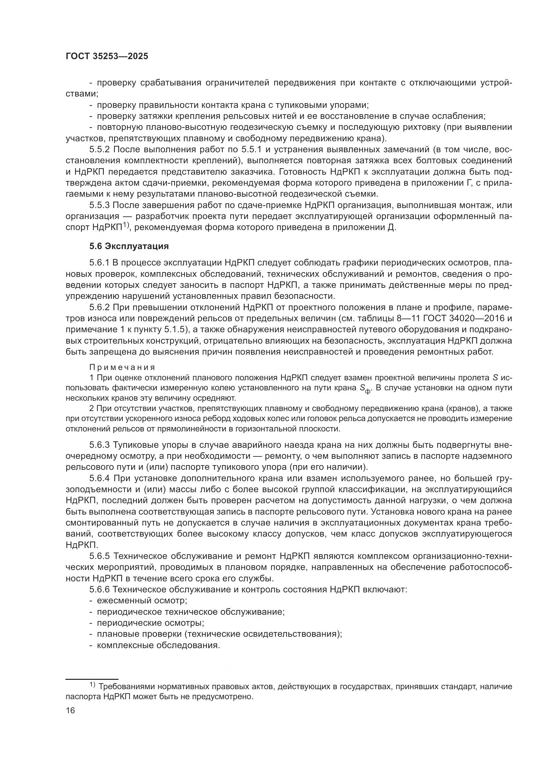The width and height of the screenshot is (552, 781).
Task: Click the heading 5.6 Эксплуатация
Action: click(129, 246)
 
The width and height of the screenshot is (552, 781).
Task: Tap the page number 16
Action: click(70, 710)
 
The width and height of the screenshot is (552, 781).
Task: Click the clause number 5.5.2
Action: click(99, 149)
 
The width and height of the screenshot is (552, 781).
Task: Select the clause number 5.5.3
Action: click(99, 205)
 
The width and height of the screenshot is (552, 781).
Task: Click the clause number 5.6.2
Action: click(99, 307)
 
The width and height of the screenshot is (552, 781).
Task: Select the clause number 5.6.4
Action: click(99, 478)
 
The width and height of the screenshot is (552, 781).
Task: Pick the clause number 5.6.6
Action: click(99, 589)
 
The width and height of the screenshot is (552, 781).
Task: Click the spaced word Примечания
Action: click(122, 367)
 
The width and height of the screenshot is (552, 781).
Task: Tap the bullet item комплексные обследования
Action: click(159, 645)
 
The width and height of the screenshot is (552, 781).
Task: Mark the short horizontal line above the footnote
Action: click(92, 679)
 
